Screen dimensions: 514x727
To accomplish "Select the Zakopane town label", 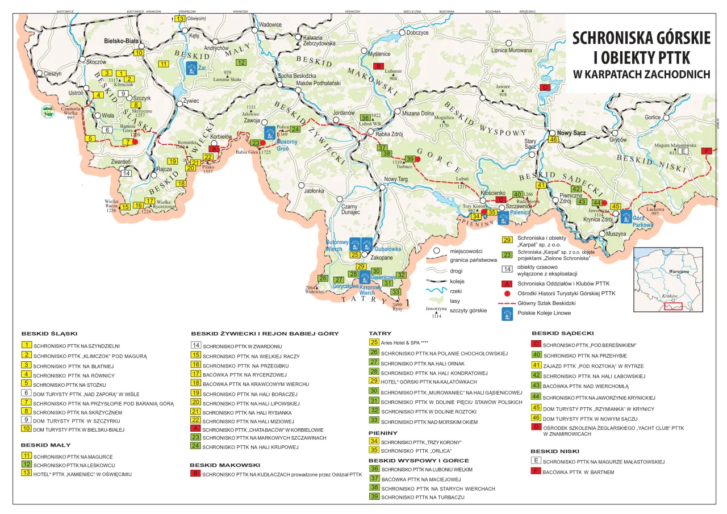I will [382, 257].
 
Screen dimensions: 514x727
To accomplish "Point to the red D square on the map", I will [545, 87].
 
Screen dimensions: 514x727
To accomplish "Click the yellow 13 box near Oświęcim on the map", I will [180, 19].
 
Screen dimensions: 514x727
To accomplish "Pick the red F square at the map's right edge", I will [707, 151].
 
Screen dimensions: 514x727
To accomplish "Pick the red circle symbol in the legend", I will [506, 293].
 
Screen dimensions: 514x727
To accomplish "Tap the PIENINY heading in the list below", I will [383, 433].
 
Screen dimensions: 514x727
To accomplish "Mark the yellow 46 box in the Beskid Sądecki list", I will [536, 417].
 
